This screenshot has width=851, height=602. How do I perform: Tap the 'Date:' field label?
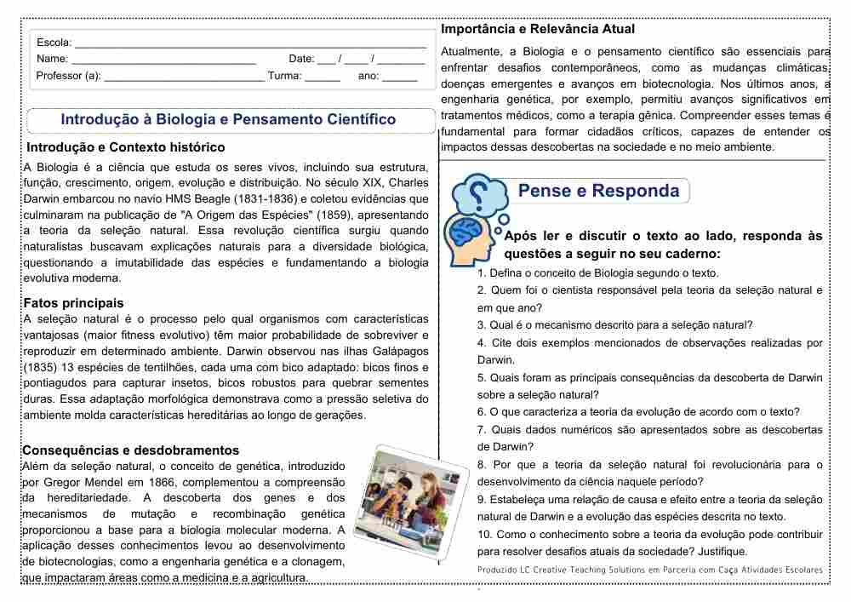(301, 59)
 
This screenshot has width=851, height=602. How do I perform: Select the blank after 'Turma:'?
(323, 77)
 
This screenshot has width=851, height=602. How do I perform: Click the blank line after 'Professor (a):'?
(183, 77)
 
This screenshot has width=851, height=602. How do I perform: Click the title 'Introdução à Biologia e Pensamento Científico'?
(228, 119)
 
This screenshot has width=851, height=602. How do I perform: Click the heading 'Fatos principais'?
(73, 302)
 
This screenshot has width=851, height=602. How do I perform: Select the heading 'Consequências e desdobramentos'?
(130, 450)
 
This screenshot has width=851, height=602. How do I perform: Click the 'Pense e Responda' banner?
(598, 191)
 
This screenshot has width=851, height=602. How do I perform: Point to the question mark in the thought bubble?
(479, 191)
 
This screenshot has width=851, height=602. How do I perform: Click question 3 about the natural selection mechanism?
(614, 324)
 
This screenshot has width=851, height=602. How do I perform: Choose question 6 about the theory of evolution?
(638, 411)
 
